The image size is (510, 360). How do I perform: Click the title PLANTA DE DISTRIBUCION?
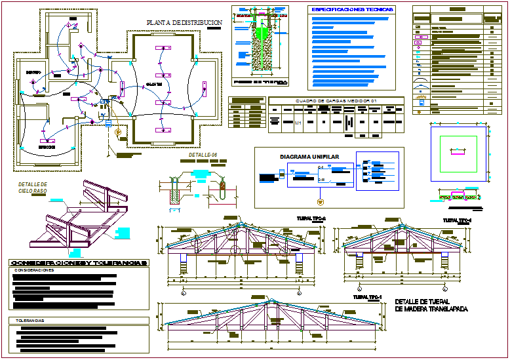tap(185, 22)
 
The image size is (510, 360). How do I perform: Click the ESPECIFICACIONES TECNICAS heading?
tap(352, 10)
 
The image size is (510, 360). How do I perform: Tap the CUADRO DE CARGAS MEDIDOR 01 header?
tap(337, 100)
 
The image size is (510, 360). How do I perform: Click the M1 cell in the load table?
tap(298, 123)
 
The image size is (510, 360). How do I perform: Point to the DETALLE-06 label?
tap(203, 155)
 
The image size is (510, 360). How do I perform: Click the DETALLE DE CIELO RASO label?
tap(33, 188)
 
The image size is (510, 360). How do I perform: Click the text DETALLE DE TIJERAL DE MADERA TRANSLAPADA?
tap(431, 306)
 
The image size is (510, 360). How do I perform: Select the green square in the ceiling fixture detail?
tap(458, 151)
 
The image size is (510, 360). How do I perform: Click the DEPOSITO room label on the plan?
tap(33, 71)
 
